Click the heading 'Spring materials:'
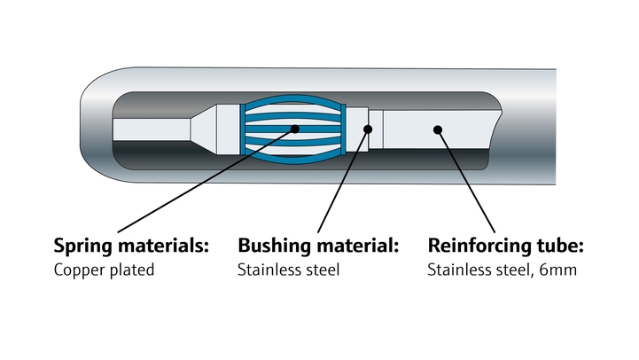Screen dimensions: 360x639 pos(131,245)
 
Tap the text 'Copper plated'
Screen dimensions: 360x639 pos(105,270)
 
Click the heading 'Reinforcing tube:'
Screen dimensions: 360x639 pos(506,245)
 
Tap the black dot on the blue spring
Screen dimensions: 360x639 pos(294,129)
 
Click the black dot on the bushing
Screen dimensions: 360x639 pos(368,129)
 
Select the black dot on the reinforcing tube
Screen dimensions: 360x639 pos(437,129)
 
